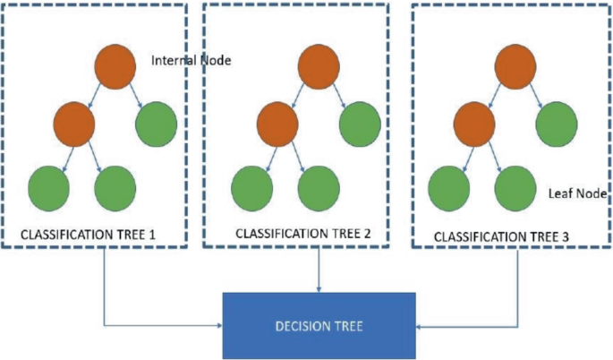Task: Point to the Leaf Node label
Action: tap(574, 193)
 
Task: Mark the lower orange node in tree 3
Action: tap(474, 125)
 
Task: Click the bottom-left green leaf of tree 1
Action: tap(48, 185)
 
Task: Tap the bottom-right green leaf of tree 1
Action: tap(115, 185)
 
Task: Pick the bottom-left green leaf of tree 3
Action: tap(449, 185)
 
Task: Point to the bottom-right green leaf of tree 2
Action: tap(319, 185)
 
